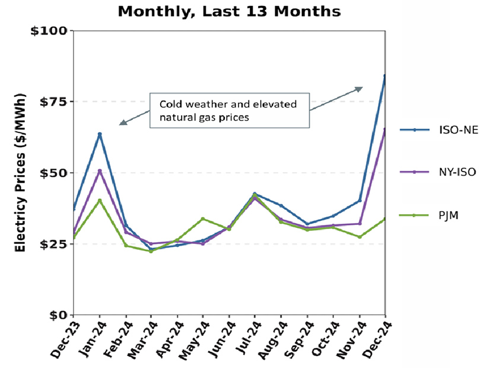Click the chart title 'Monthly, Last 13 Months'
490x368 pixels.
coord(229,11)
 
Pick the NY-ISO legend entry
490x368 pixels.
coord(456,172)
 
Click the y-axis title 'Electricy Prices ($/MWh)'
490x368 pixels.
coord(20,172)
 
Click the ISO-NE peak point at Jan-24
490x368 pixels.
coord(100,134)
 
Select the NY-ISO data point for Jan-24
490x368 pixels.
coord(100,171)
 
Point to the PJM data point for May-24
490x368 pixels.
coord(203,219)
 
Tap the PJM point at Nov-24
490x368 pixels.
coord(359,237)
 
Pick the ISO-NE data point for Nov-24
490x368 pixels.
coord(359,201)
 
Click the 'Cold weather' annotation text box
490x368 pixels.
coord(229,110)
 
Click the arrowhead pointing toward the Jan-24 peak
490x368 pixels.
coord(122,123)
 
